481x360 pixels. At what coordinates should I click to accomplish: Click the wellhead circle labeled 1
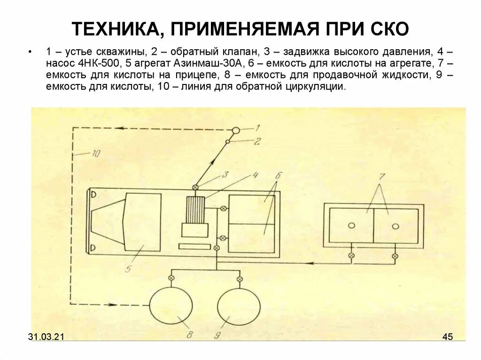click(236, 130)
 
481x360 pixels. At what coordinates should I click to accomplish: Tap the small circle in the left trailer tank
click(351, 225)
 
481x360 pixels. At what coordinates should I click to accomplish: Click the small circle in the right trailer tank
click(395, 226)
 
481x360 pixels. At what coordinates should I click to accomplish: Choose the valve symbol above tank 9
click(240, 279)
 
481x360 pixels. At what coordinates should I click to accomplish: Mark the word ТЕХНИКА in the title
click(115, 30)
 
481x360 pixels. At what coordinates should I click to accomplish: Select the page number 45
click(447, 337)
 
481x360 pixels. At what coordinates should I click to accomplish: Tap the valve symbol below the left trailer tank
click(351, 256)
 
